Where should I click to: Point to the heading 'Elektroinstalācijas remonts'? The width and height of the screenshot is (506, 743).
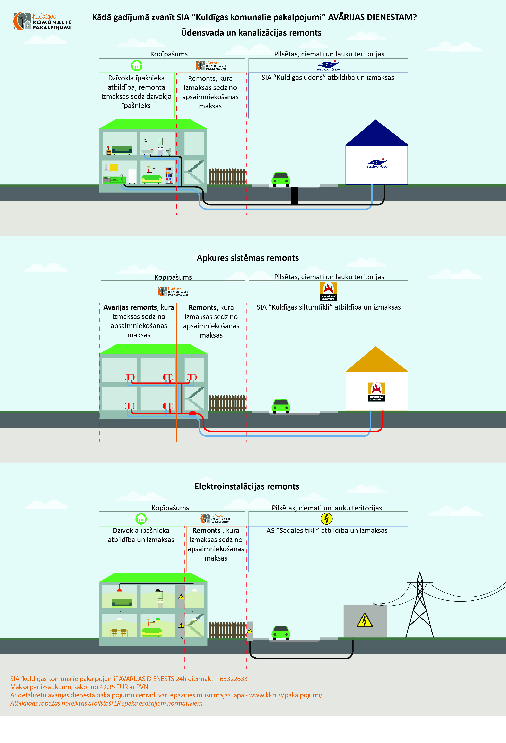[247, 487]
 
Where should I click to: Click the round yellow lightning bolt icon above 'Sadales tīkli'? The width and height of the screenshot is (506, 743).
[326, 519]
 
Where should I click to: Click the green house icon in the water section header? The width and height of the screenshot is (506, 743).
[137, 65]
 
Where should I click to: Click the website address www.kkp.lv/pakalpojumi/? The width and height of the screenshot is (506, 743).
[286, 695]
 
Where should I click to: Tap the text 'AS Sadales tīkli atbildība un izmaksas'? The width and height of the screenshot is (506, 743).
[327, 531]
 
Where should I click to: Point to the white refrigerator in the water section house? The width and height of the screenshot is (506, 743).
[132, 176]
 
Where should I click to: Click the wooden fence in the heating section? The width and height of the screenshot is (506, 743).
[227, 403]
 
